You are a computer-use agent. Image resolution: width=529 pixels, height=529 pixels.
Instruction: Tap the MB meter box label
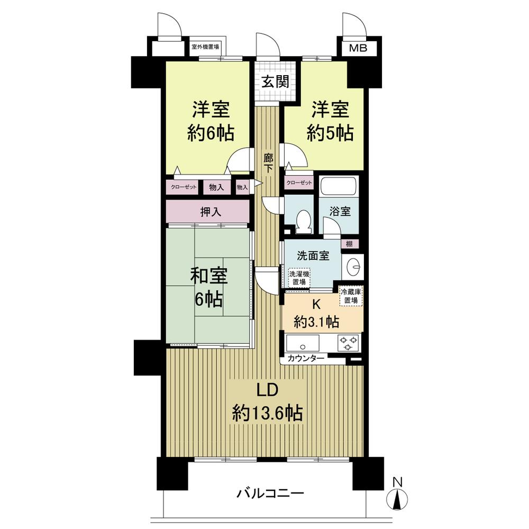359,49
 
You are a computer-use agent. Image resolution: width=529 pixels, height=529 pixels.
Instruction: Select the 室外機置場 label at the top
206,47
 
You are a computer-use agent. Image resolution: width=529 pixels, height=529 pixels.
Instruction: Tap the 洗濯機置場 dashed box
299,278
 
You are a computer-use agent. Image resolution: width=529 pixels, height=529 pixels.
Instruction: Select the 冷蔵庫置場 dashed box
351,296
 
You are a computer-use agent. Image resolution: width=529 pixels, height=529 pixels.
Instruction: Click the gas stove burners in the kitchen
349,342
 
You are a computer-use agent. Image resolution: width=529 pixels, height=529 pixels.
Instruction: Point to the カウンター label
306,358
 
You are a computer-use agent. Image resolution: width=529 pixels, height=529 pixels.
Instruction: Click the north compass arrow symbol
398,499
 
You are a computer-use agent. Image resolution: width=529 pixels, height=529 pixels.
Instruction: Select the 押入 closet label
211,212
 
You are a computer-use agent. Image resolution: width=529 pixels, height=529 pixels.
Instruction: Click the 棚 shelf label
349,244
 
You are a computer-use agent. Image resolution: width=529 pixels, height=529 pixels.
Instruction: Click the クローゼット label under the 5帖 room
299,183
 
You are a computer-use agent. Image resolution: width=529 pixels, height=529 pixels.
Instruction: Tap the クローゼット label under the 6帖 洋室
184,187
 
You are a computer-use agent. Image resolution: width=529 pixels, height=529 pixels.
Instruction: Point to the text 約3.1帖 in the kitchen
317,321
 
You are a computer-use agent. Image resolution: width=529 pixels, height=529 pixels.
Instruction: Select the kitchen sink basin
303,342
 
